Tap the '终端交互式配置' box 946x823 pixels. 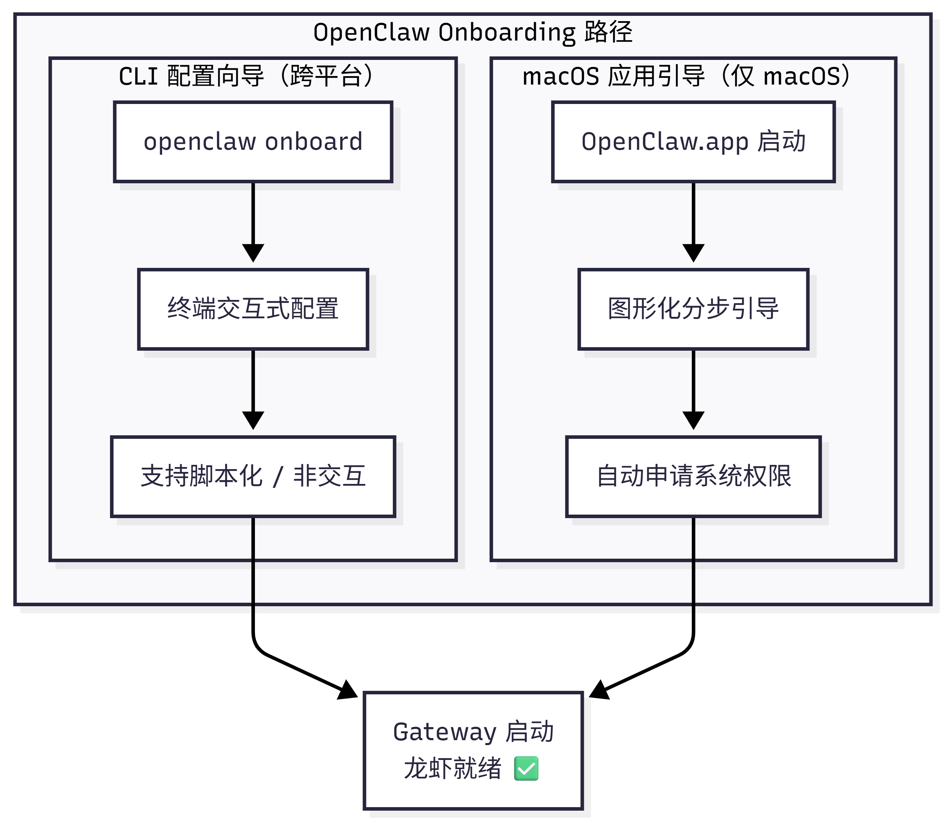click(x=253, y=309)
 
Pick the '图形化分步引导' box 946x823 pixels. click(x=693, y=309)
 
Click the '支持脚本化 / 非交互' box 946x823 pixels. click(x=253, y=476)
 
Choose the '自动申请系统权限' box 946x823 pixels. click(x=693, y=476)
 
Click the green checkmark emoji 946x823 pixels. click(x=526, y=768)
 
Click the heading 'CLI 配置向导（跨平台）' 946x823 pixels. click(x=246, y=76)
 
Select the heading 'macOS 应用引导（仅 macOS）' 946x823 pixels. click(x=686, y=76)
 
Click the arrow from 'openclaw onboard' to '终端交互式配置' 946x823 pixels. click(x=253, y=220)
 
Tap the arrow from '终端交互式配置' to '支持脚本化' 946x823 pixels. click(x=253, y=388)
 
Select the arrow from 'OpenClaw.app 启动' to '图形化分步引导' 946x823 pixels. click(x=693, y=220)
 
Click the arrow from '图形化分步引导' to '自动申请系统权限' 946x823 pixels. click(x=693, y=388)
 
